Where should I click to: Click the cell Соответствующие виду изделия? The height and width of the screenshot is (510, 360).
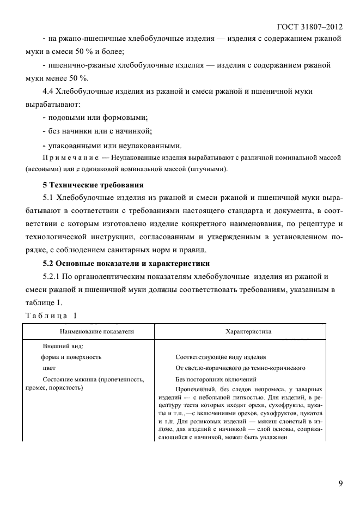221,357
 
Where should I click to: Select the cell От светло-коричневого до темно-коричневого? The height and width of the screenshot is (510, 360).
240,368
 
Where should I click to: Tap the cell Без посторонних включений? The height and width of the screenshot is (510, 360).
216,379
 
